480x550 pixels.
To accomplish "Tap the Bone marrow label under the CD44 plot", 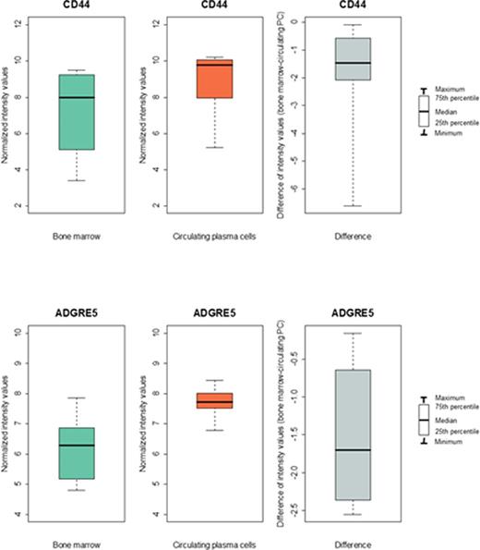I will pyautogui.click(x=76, y=237).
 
